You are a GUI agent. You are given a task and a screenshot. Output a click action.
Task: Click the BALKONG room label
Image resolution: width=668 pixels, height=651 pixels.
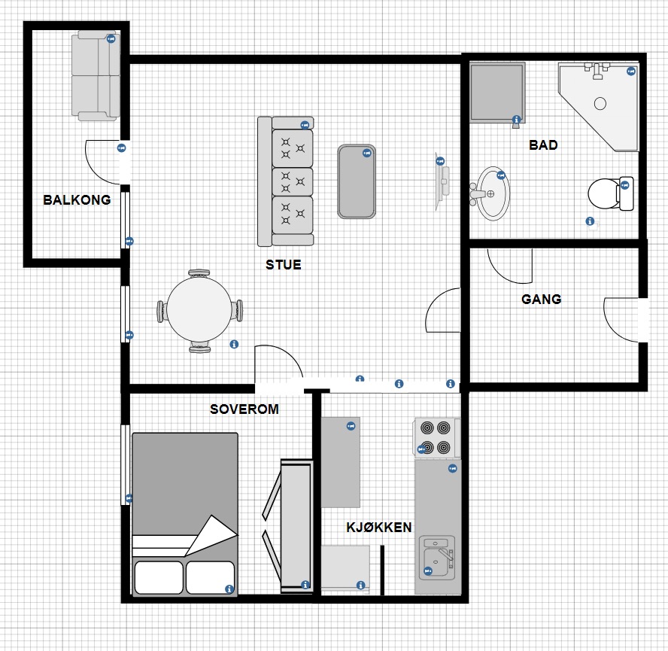tap(77, 199)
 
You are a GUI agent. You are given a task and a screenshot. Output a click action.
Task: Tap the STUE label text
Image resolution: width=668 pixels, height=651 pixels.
tap(284, 265)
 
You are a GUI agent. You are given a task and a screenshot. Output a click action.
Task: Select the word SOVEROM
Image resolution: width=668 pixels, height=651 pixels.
tap(244, 409)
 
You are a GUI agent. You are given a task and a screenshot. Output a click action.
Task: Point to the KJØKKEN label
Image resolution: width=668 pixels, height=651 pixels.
tap(378, 528)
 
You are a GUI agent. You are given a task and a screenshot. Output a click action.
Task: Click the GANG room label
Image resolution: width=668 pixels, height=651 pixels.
tap(541, 300)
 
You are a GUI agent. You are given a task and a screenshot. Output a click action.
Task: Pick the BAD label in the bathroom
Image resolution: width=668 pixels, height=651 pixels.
tap(543, 145)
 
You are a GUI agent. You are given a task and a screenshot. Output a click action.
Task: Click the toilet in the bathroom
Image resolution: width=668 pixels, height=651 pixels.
tap(611, 194)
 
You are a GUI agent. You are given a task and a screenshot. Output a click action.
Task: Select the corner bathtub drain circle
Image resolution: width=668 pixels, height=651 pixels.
tap(600, 103)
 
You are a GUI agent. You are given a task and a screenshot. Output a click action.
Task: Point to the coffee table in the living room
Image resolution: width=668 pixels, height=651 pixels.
tap(357, 181)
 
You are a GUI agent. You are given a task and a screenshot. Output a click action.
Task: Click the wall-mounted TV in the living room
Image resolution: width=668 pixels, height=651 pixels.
tap(442, 181)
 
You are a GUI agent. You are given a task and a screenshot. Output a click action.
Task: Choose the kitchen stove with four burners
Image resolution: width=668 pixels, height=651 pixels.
tap(436, 438)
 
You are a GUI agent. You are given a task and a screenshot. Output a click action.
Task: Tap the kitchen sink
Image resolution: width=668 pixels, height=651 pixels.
tap(437, 558)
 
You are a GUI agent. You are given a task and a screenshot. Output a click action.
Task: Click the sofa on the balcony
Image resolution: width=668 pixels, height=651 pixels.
tap(96, 76)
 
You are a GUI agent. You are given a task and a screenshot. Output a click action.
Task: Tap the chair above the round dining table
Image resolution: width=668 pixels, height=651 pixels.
tap(199, 273)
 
